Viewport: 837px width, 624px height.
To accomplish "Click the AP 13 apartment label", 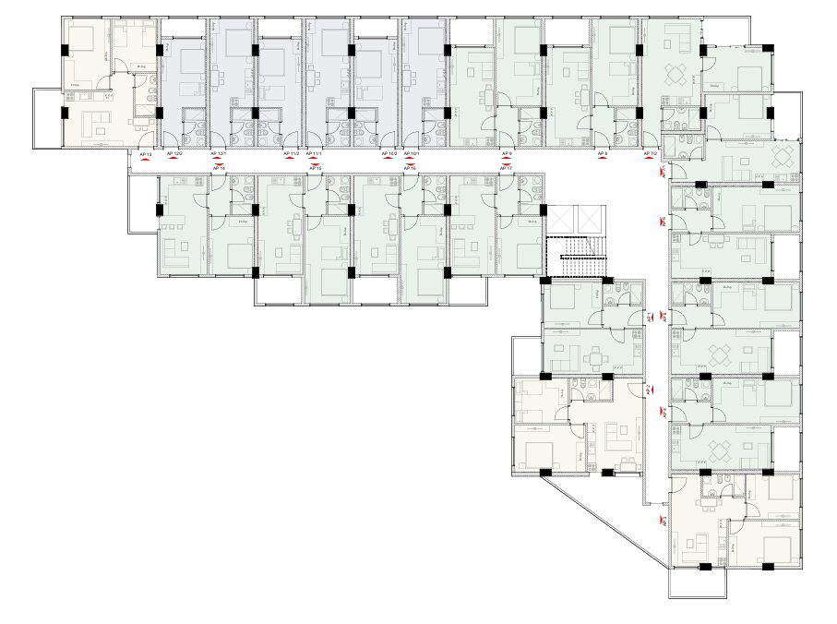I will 145,153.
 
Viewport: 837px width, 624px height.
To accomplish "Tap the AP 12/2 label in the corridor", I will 175,153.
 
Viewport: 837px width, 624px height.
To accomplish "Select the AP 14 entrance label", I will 219,168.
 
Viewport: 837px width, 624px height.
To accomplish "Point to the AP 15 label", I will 315,168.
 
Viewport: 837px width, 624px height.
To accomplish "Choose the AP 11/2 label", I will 291,153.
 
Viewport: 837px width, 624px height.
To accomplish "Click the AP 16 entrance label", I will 411,168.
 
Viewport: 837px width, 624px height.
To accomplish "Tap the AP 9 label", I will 507,153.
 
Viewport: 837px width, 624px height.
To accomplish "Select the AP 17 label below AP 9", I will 507,168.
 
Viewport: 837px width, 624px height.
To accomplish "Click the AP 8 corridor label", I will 603,153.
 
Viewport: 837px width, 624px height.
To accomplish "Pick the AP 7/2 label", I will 650,153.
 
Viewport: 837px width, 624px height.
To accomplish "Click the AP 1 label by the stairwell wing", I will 650,317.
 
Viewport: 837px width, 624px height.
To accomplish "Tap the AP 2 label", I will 650,389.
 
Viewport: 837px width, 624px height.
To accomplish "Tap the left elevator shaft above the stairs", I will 559,220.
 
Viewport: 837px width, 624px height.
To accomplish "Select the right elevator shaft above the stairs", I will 588,220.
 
